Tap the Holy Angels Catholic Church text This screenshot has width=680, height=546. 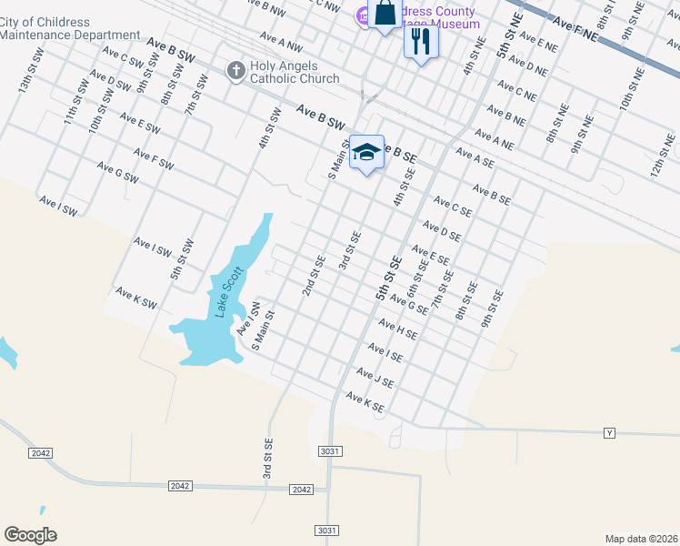click(x=288, y=72)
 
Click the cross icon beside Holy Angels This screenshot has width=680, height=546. click(x=235, y=70)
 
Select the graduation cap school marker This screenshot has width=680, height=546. click(x=366, y=153)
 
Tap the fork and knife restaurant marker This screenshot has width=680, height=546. click(x=421, y=41)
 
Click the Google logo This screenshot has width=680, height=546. click(x=30, y=535)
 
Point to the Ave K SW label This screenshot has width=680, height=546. click(x=136, y=298)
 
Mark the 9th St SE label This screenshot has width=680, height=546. click(x=492, y=308)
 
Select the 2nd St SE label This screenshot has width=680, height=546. click(x=315, y=276)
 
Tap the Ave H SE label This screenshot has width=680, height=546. click(x=398, y=329)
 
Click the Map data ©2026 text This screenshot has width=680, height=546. click(x=641, y=539)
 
